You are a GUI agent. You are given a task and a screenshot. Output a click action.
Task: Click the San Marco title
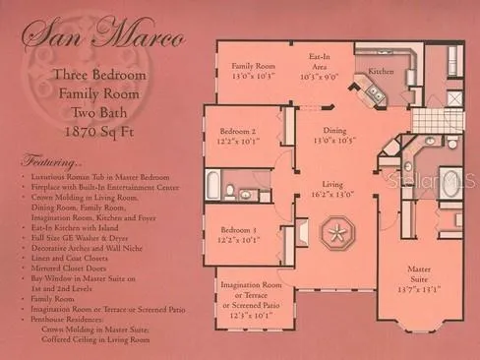click(103, 38)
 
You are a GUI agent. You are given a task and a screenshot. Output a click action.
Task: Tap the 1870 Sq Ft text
click(98, 130)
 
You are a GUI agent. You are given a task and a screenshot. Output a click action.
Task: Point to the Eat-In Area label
click(318, 61)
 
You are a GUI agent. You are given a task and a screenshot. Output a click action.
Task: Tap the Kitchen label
click(381, 72)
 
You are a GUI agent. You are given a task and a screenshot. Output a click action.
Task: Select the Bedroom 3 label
click(237, 231)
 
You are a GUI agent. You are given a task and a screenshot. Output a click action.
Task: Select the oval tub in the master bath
click(451, 183)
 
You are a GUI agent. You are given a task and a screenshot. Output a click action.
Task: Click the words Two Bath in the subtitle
click(98, 111)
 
